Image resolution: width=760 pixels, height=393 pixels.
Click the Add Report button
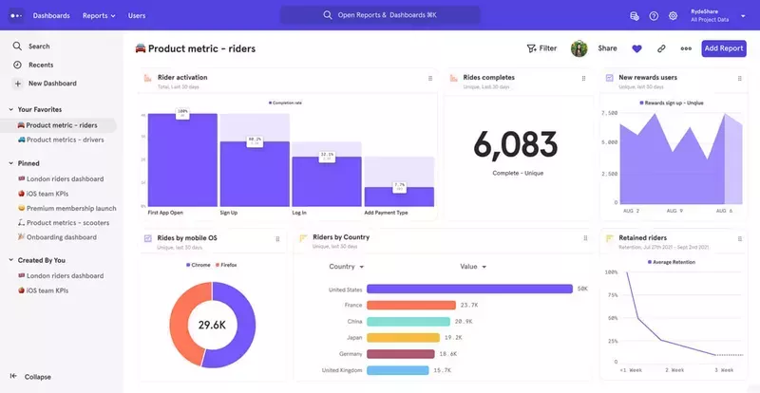pyautogui.click(x=724, y=48)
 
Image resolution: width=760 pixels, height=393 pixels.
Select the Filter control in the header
pyautogui.click(x=541, y=48)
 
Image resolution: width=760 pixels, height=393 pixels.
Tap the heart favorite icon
pyautogui.click(x=636, y=48)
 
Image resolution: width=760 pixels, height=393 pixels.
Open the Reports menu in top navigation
pyautogui.click(x=99, y=15)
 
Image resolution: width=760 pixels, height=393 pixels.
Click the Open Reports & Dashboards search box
pyautogui.click(x=380, y=15)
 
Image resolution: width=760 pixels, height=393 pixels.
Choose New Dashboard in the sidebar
pyautogui.click(x=52, y=84)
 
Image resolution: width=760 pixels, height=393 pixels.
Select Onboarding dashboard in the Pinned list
pyautogui.click(x=61, y=236)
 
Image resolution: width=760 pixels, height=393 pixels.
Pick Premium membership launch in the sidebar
pyautogui.click(x=71, y=208)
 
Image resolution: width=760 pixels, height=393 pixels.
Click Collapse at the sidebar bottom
pyautogui.click(x=38, y=377)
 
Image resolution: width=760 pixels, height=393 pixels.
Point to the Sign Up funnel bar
pyautogui.click(x=255, y=174)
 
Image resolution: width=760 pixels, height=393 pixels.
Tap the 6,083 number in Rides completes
pyautogui.click(x=518, y=144)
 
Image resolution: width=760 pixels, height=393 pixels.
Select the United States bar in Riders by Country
pyautogui.click(x=469, y=290)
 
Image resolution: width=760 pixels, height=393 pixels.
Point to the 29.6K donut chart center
pyautogui.click(x=211, y=325)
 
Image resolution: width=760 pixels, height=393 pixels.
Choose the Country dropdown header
pyautogui.click(x=345, y=267)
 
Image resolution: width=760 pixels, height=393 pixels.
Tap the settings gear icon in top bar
pyautogui.click(x=673, y=16)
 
